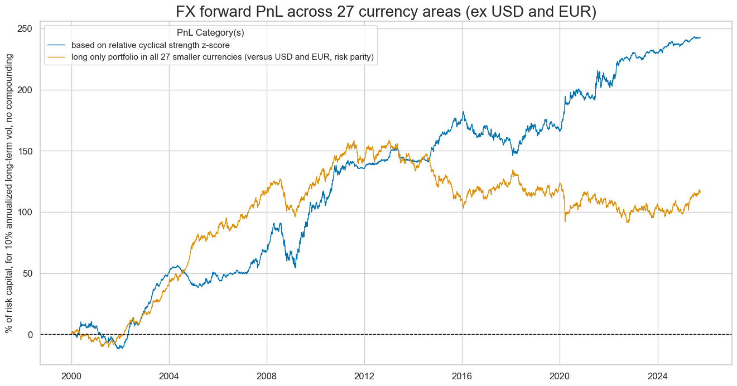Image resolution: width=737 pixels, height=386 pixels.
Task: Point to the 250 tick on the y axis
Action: click(x=27, y=29)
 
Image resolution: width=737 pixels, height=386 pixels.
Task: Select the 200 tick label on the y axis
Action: click(x=27, y=90)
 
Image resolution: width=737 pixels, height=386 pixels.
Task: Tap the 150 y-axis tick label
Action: click(x=27, y=151)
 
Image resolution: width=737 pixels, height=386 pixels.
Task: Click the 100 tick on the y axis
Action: click(x=27, y=213)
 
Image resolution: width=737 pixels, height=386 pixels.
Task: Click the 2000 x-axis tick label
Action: click(x=71, y=375)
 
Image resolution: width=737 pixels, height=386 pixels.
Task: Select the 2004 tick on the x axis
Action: click(x=169, y=375)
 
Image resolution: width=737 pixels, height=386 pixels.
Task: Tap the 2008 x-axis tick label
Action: click(x=267, y=375)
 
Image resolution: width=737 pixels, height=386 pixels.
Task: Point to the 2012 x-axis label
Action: click(x=364, y=375)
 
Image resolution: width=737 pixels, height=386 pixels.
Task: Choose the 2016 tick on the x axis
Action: click(x=462, y=375)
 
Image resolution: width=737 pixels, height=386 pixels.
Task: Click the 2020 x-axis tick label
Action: click(x=560, y=375)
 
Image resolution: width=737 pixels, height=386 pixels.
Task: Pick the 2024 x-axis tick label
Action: click(x=658, y=375)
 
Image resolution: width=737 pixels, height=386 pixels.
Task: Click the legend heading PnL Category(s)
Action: click(x=210, y=33)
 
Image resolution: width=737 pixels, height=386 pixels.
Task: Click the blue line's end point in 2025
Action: click(x=700, y=37)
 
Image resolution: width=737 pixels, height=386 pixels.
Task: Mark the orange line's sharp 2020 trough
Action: click(x=565, y=221)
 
